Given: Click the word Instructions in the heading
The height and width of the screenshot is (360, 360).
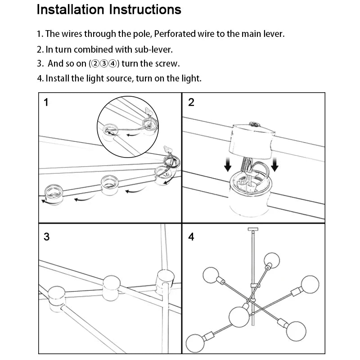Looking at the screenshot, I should (x=145, y=9).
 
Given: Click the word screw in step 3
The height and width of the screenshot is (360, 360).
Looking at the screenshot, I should (x=167, y=64).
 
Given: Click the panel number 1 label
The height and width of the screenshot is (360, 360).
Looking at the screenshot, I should (x=46, y=103).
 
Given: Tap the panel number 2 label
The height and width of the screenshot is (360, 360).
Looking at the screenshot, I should (x=191, y=103).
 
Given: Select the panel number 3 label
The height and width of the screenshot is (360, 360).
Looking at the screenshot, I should (x=46, y=237).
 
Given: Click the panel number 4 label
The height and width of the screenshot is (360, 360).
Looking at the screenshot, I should (x=191, y=237).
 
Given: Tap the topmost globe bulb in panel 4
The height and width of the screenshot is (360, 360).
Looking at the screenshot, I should (x=271, y=260).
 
